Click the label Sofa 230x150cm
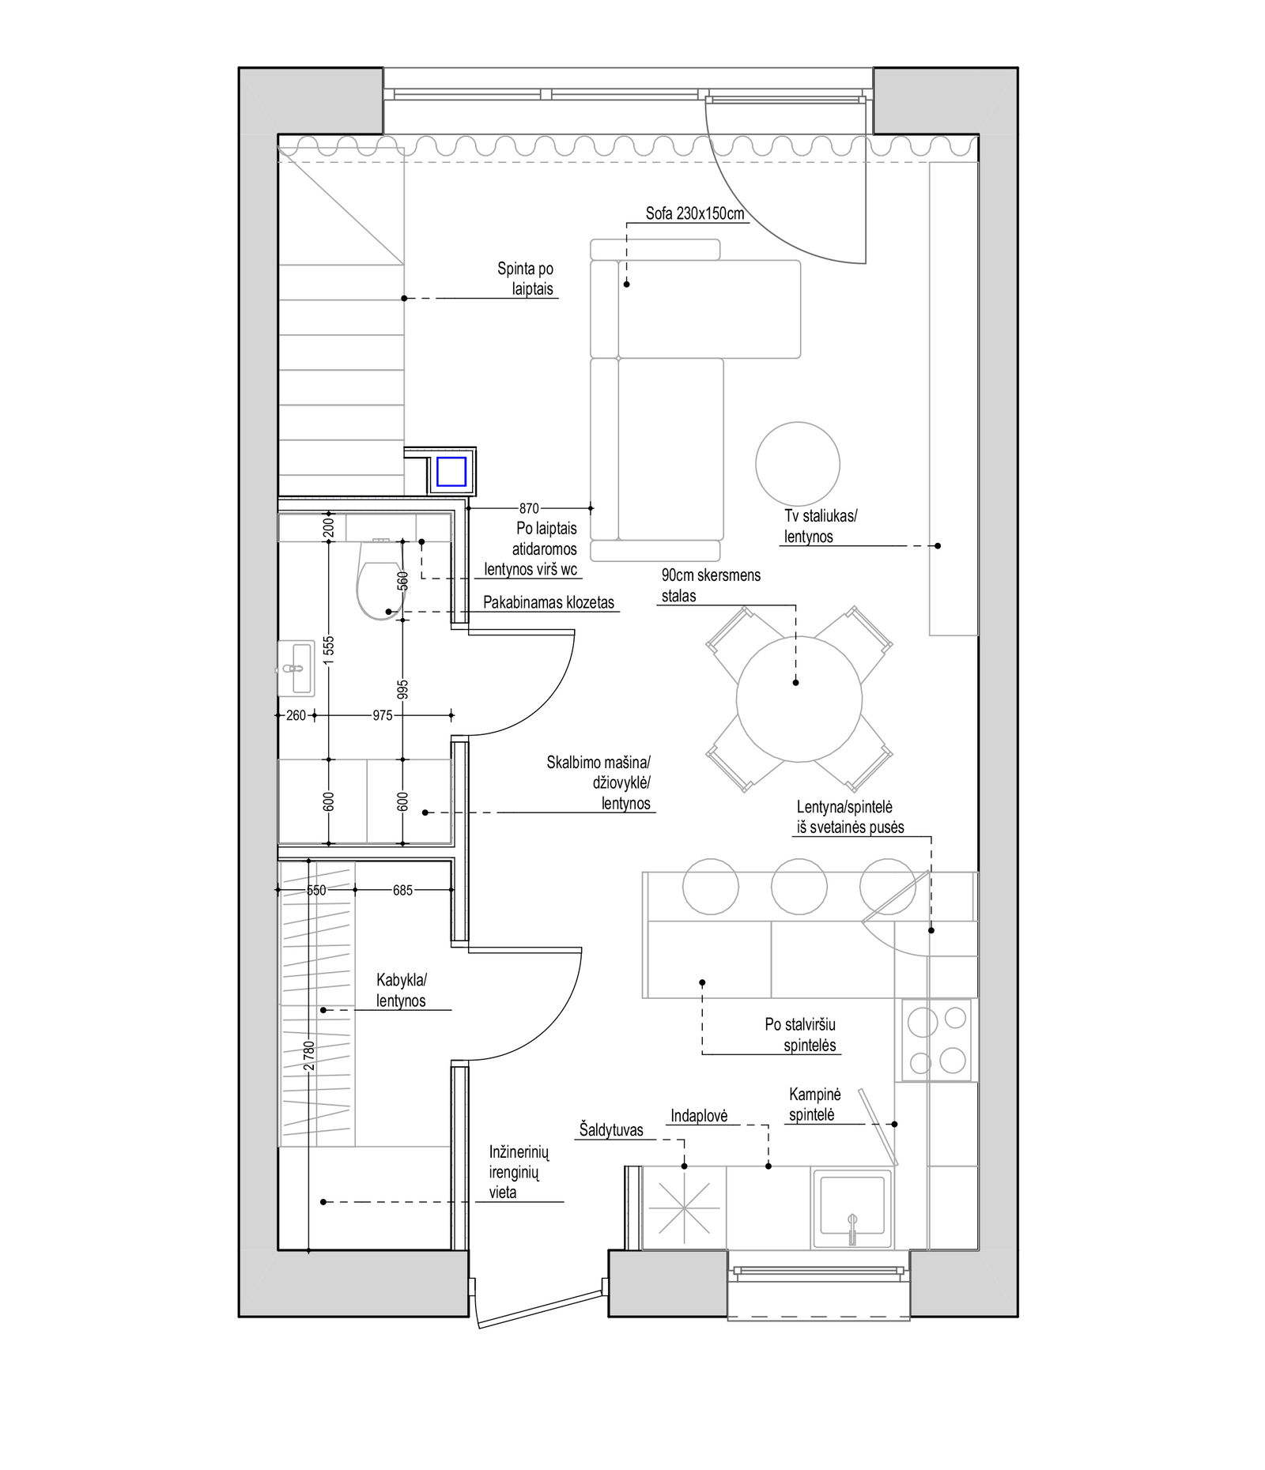click(x=695, y=213)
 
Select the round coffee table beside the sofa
click(x=797, y=463)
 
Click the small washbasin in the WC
click(x=296, y=669)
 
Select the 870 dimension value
click(x=529, y=508)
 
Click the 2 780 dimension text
click(x=309, y=1055)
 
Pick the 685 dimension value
click(x=402, y=890)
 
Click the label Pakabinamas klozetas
click(x=549, y=602)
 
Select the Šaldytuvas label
click(x=611, y=1130)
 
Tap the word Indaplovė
click(x=698, y=1116)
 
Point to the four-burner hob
click(x=937, y=1040)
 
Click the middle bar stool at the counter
click(x=799, y=886)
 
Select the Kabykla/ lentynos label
click(x=402, y=990)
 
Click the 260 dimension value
click(x=296, y=715)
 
